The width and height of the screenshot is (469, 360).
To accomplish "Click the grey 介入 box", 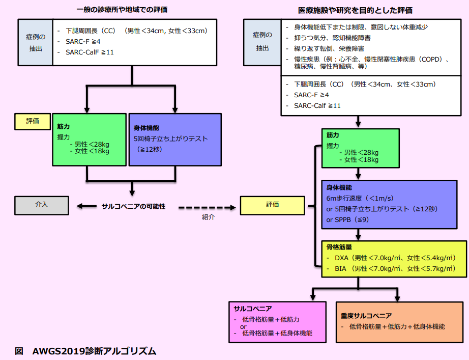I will (42, 205).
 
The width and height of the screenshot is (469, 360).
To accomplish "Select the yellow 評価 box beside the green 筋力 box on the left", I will (33, 121).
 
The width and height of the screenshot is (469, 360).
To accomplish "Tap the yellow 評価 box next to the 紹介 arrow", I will (272, 205).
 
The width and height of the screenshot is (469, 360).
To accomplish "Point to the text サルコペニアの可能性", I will (134, 206).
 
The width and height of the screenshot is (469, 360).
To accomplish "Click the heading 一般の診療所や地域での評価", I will (122, 9).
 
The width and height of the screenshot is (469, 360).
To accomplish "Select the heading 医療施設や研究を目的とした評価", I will (355, 10).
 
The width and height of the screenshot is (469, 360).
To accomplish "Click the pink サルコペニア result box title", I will (252, 309).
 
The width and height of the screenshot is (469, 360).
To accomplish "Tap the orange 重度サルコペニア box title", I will (366, 316).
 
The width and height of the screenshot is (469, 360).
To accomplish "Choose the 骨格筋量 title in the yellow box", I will (338, 247).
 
